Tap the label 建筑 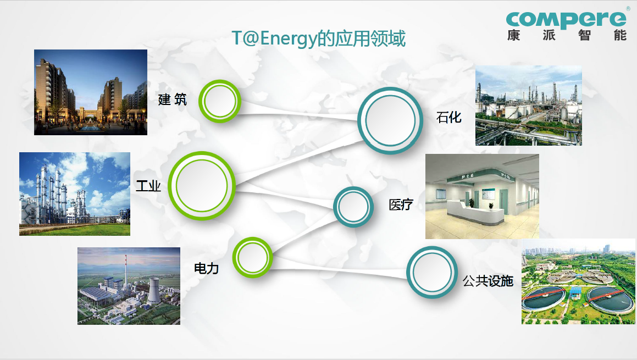pyautogui.click(x=173, y=99)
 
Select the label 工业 pyautogui.click(x=148, y=186)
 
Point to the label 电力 pyautogui.click(x=206, y=268)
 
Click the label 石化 pyautogui.click(x=448, y=117)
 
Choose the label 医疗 pyautogui.click(x=400, y=205)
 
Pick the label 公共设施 pyautogui.click(x=488, y=281)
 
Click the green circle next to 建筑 pyautogui.click(x=220, y=101)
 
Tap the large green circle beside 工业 pyautogui.click(x=202, y=186)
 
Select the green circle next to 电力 pyautogui.click(x=253, y=257)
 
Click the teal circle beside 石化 pyautogui.click(x=390, y=120)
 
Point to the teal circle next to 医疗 pyautogui.click(x=353, y=207)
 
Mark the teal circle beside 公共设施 pyautogui.click(x=432, y=272)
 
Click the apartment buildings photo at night pyautogui.click(x=91, y=92)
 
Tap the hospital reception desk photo pyautogui.click(x=482, y=196)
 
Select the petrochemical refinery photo pyautogui.click(x=528, y=106)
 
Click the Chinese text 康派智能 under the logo pyautogui.click(x=567, y=36)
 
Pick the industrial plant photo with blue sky pyautogui.click(x=75, y=194)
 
